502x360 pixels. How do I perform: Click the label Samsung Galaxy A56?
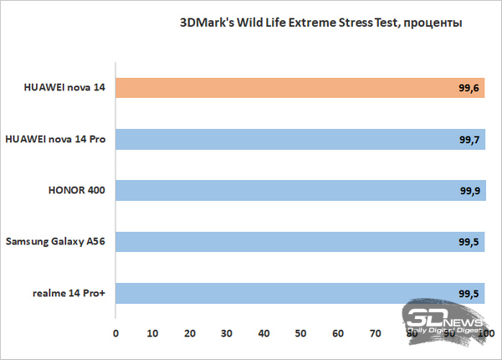point(58,242)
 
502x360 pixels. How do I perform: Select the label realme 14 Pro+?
point(69,293)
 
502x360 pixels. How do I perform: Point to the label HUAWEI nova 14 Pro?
point(55,139)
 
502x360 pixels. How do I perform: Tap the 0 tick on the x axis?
point(115,333)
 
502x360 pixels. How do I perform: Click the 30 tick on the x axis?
point(226,333)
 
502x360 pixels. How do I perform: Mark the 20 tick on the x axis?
point(189,333)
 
